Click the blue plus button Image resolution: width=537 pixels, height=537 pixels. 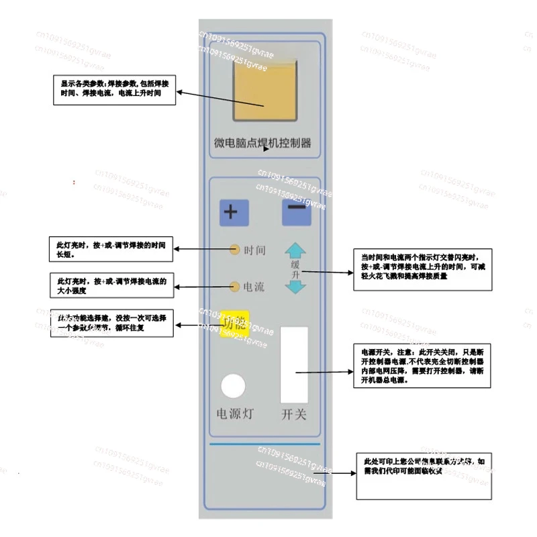tap(234, 213)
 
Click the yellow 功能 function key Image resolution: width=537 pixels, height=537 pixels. tap(235, 323)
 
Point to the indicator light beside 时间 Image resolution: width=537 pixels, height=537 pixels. tap(234, 250)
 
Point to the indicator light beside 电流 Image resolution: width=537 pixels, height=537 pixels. tap(234, 287)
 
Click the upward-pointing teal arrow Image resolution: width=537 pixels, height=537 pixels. tap(295, 251)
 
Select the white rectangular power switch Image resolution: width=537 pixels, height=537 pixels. tap(295, 364)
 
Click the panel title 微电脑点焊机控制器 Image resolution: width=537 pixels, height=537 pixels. tap(262, 143)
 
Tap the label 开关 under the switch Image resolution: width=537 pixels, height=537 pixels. tap(294, 414)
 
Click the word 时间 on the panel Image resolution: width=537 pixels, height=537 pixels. tap(254, 250)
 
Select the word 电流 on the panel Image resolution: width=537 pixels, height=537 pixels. tap(254, 287)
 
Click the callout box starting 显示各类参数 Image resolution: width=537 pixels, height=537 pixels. tap(115, 89)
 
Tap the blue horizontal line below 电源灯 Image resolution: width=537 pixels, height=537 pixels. tap(265, 444)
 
